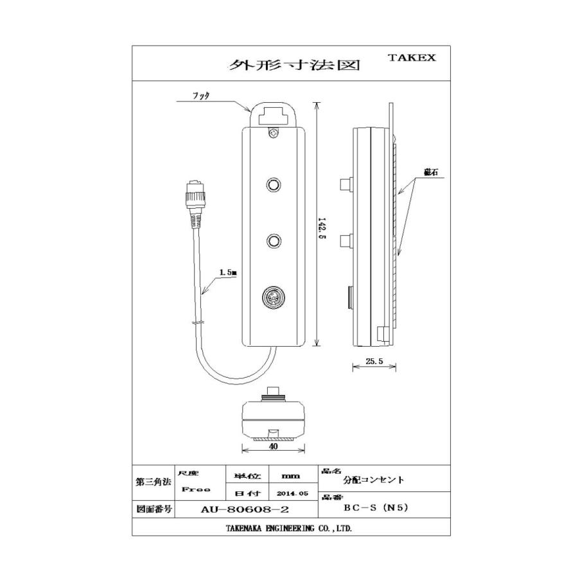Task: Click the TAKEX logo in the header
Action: coord(412,57)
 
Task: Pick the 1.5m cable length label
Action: coord(227,272)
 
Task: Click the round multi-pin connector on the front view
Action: coord(274,299)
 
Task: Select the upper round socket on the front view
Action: coord(274,185)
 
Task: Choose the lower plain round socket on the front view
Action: coord(274,241)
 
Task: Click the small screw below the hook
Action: coord(274,134)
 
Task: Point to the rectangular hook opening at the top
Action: coord(273,116)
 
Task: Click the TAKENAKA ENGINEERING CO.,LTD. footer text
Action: coord(288,529)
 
